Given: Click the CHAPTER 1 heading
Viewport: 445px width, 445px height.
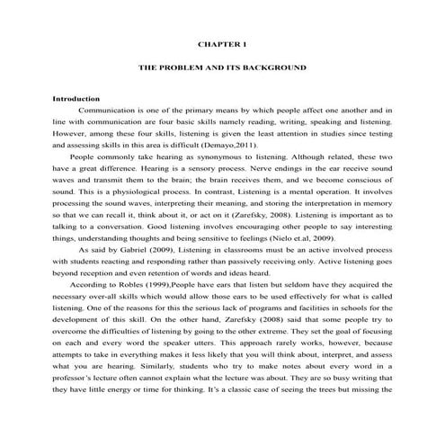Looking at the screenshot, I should pos(221,42).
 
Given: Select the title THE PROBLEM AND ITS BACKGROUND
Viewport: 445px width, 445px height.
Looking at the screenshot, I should pos(221,67).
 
